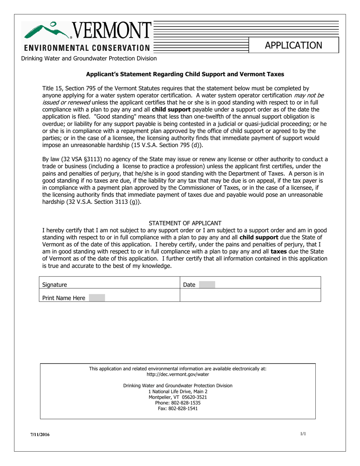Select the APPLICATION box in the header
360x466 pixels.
point(294,45)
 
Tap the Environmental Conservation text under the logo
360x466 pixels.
point(87,48)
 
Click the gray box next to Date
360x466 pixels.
point(207,284)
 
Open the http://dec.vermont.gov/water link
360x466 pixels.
point(178,374)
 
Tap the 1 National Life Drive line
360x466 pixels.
point(178,391)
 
